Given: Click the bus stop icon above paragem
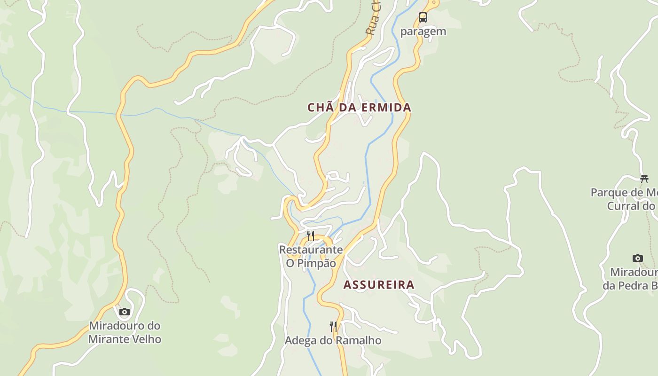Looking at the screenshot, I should (x=423, y=18).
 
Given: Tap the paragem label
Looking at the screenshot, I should (x=423, y=32).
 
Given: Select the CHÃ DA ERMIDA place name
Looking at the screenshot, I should (x=359, y=108).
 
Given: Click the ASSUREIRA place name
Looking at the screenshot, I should (x=379, y=285).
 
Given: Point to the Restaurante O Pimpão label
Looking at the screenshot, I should (x=311, y=256).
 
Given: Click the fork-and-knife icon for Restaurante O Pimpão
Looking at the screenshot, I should (x=310, y=235).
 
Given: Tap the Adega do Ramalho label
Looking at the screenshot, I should (x=333, y=340).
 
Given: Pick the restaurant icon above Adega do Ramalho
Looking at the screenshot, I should (x=333, y=326).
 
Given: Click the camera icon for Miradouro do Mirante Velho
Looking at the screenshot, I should (x=124, y=312).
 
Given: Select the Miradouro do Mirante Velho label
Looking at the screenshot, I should (x=125, y=332).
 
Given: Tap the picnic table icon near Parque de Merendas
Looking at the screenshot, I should (x=644, y=179).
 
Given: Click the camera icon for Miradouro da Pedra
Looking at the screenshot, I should (x=637, y=258).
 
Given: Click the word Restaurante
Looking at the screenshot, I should (x=311, y=250).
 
